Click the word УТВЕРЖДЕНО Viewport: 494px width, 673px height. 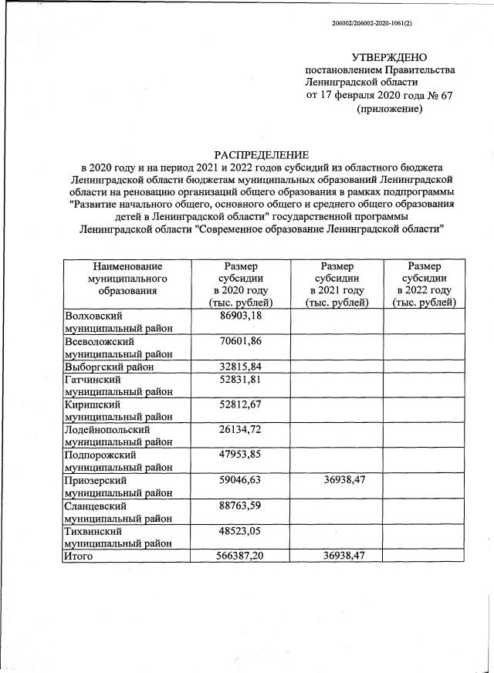(x=388, y=57)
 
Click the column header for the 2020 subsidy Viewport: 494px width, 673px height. (x=245, y=284)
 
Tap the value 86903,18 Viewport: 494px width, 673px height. (x=245, y=316)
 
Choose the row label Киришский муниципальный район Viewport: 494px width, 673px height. (x=116, y=410)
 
